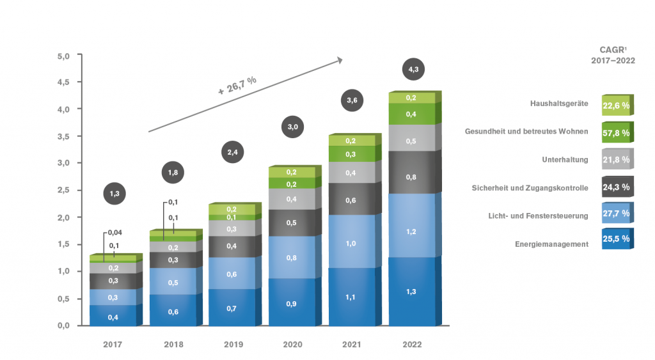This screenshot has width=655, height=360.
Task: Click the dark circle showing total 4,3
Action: (413, 69)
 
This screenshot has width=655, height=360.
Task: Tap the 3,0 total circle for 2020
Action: (292, 127)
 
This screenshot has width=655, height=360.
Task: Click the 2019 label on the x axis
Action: (233, 345)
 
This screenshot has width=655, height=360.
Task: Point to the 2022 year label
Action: (413, 345)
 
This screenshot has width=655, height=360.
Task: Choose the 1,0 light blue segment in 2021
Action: (351, 244)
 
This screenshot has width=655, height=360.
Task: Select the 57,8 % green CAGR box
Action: (616, 133)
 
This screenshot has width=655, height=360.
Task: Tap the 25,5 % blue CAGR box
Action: (616, 239)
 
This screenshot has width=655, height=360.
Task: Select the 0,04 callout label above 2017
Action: (116, 232)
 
